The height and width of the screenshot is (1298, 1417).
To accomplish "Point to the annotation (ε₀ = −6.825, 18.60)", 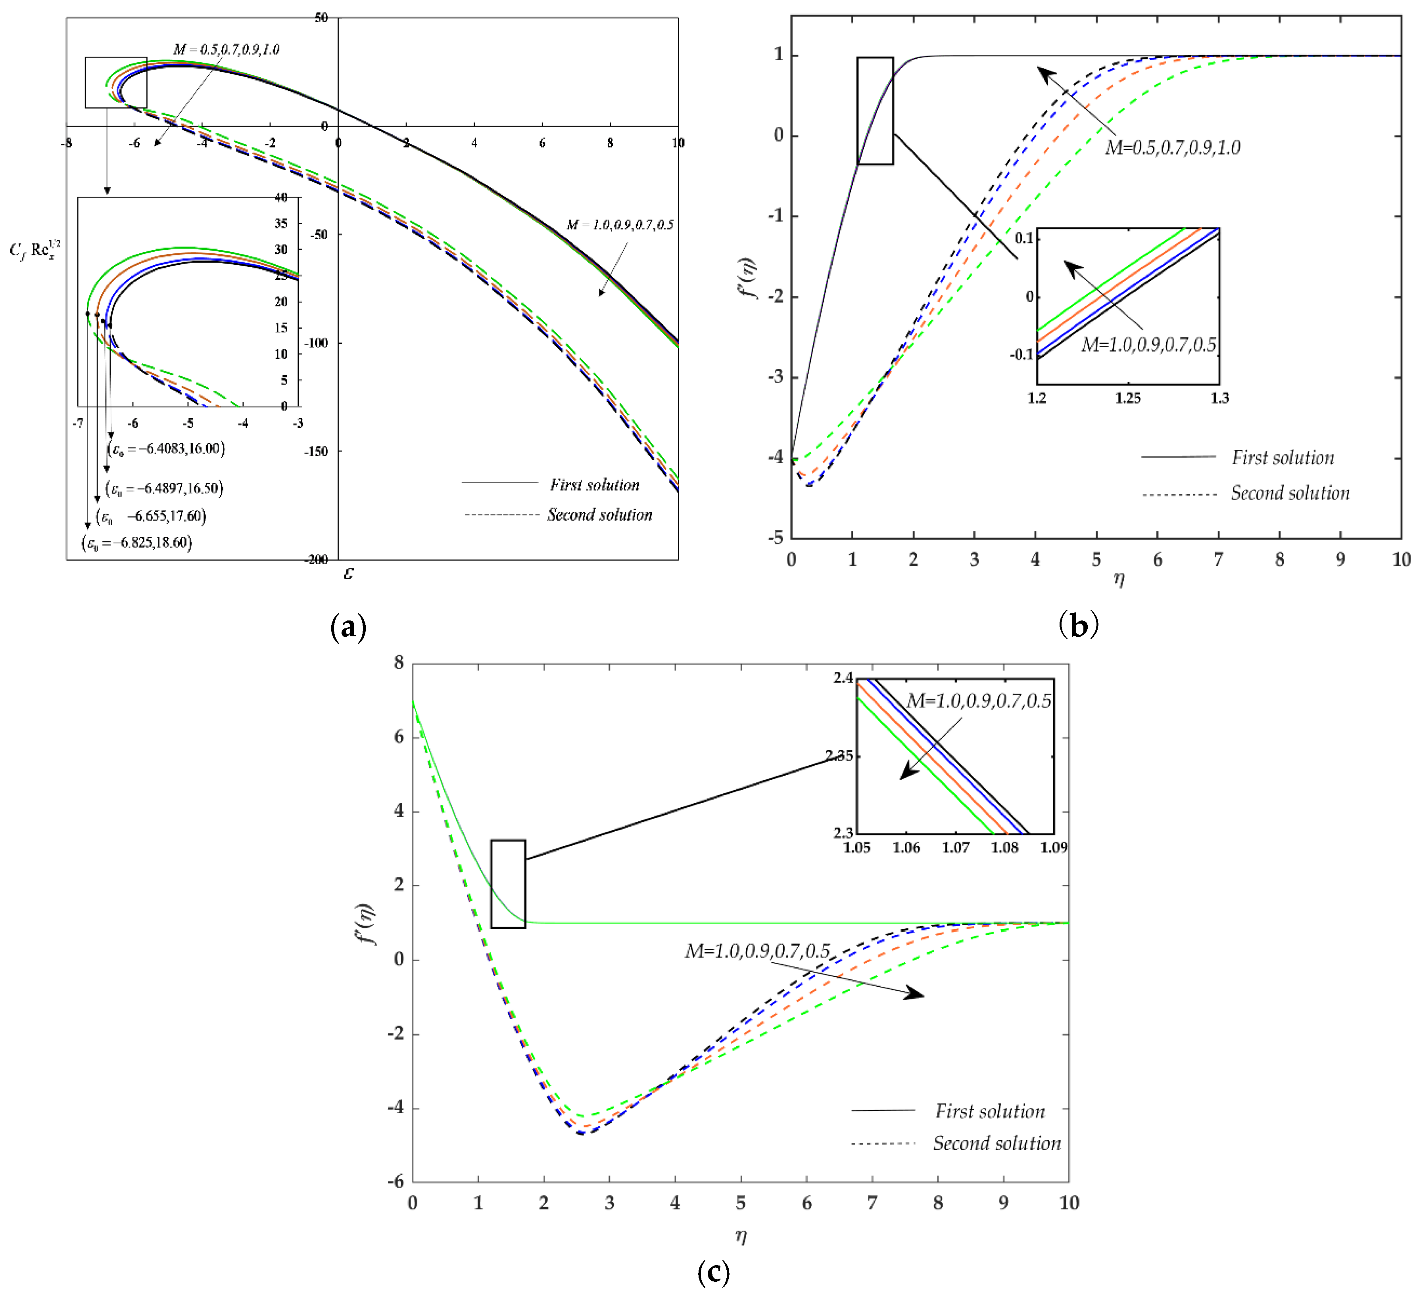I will click(137, 542).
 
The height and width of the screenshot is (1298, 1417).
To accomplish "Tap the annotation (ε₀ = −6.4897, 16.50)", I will click(165, 488).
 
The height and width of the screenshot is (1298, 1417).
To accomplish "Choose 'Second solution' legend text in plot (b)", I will click(1290, 493).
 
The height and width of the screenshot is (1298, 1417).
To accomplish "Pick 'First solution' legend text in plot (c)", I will click(990, 1111).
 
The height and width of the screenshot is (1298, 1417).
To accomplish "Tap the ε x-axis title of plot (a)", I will click(349, 574).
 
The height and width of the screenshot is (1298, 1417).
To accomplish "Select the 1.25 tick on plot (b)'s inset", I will click(1128, 398).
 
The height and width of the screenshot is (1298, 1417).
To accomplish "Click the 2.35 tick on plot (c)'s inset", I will click(839, 756).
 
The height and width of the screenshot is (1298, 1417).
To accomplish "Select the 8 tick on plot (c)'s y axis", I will click(399, 663).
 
